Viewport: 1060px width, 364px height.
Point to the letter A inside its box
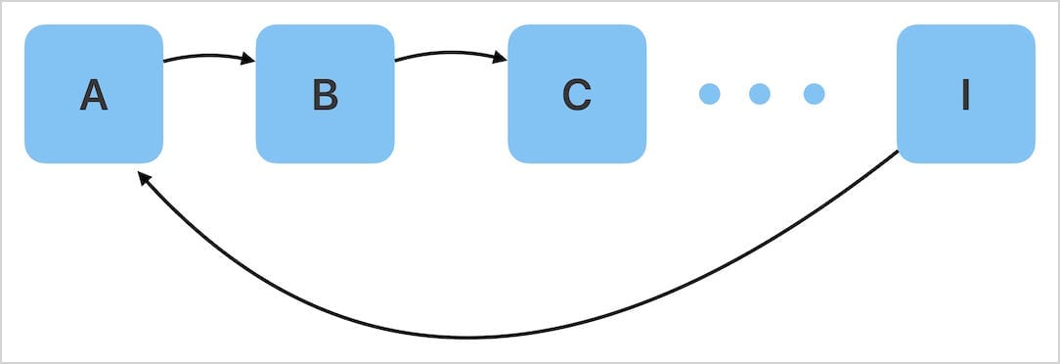(93, 95)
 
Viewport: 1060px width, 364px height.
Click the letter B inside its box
(325, 95)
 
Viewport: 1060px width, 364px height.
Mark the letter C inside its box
(576, 95)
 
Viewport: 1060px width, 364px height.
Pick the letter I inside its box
(965, 95)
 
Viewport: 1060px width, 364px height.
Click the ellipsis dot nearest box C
(710, 94)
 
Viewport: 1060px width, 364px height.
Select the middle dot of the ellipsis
(760, 94)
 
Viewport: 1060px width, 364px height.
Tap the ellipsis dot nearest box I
(814, 94)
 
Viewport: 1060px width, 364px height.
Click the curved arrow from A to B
(205, 55)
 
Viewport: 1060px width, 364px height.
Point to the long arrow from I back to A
(469, 337)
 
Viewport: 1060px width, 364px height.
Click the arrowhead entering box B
(248, 61)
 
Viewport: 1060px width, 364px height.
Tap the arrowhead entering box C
(500, 60)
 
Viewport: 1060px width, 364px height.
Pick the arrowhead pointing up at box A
(144, 179)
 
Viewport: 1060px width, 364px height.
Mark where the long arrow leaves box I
(895, 154)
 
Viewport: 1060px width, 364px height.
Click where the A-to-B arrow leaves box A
(165, 62)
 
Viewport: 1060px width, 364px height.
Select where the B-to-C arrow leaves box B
(397, 61)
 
